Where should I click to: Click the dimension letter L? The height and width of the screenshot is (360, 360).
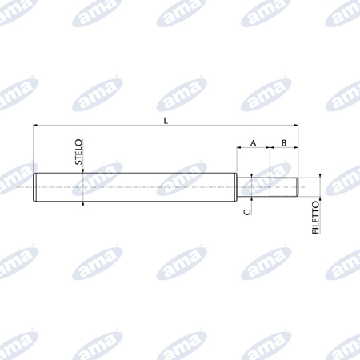click(166, 121)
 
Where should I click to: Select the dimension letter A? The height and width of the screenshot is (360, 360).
click(253, 143)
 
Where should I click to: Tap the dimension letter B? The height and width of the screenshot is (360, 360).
click(284, 143)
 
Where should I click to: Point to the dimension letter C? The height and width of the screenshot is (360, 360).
click(247, 212)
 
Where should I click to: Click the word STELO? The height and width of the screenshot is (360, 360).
click(78, 152)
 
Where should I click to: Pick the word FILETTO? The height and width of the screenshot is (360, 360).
click(315, 218)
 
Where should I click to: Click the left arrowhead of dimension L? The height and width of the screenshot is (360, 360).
click(35, 125)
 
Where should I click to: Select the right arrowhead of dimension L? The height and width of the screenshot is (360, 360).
click(296, 125)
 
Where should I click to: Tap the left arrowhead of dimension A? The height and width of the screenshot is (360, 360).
click(239, 147)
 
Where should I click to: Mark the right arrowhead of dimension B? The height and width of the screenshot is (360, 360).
click(296, 147)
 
